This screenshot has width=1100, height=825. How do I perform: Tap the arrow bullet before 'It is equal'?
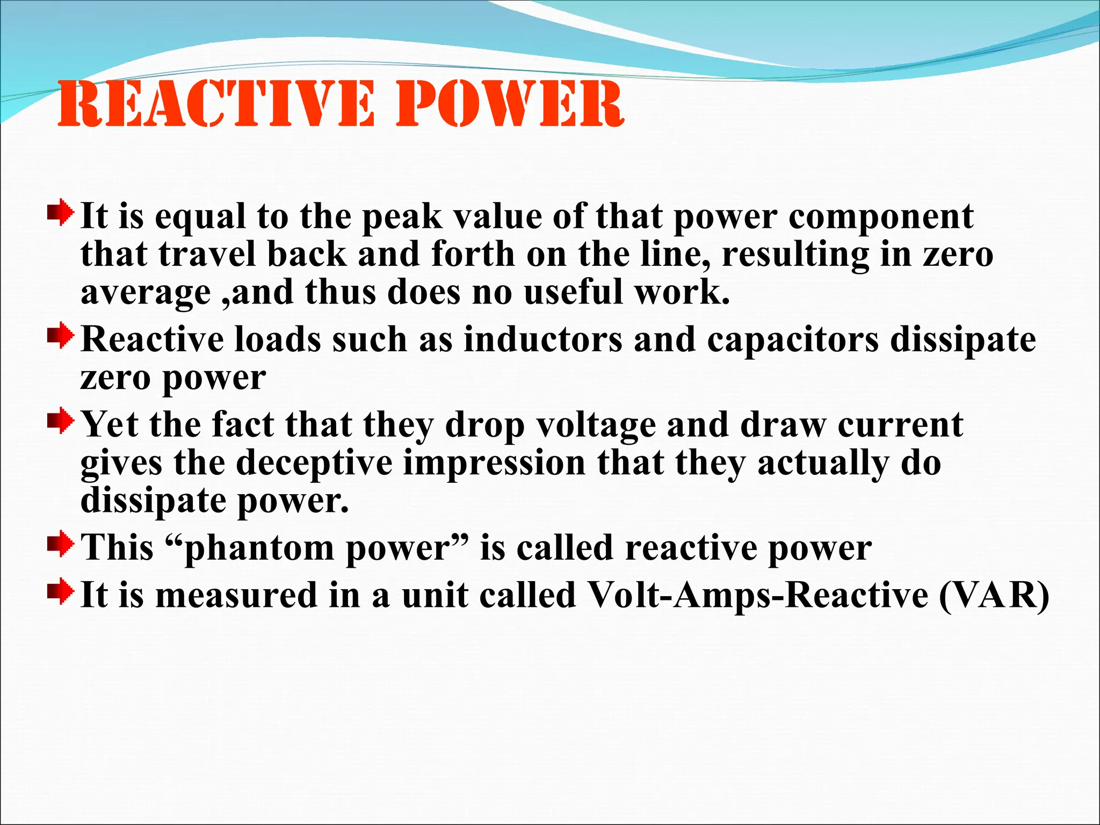click(60, 213)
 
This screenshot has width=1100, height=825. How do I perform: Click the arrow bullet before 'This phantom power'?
click(60, 544)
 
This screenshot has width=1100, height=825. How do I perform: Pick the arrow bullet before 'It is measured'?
click(60, 591)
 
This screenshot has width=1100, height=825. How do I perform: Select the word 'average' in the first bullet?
click(145, 293)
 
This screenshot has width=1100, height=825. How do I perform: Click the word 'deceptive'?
click(314, 464)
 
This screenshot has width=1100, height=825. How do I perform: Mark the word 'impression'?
click(494, 464)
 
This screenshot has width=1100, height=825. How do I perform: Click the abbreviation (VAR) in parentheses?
click(994, 596)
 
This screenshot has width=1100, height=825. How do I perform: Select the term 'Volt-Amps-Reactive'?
click(757, 596)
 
